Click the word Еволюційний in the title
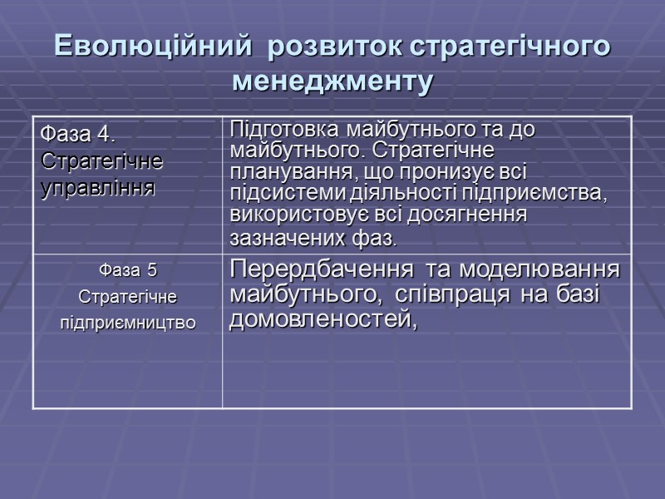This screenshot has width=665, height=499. coord(150,47)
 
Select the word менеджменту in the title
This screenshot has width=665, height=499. coord(332,82)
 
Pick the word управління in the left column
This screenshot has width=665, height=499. coord(98,187)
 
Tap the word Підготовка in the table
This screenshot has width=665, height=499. coord(282,131)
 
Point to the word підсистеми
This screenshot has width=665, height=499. coord(279,195)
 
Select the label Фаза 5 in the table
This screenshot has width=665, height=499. coord(127,269)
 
